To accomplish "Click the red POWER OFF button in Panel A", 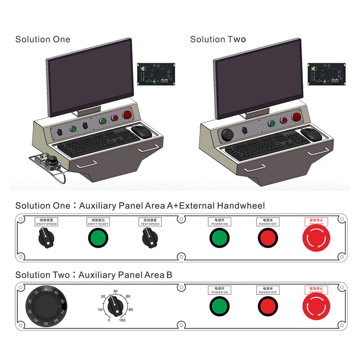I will [x=268, y=239].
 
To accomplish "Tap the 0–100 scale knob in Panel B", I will [x=116, y=308].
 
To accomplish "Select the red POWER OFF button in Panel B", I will [x=268, y=307].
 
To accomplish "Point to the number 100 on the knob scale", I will [x=122, y=321].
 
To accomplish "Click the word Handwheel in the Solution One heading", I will [x=242, y=206].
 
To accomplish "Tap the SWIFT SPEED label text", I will [x=46, y=224].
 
